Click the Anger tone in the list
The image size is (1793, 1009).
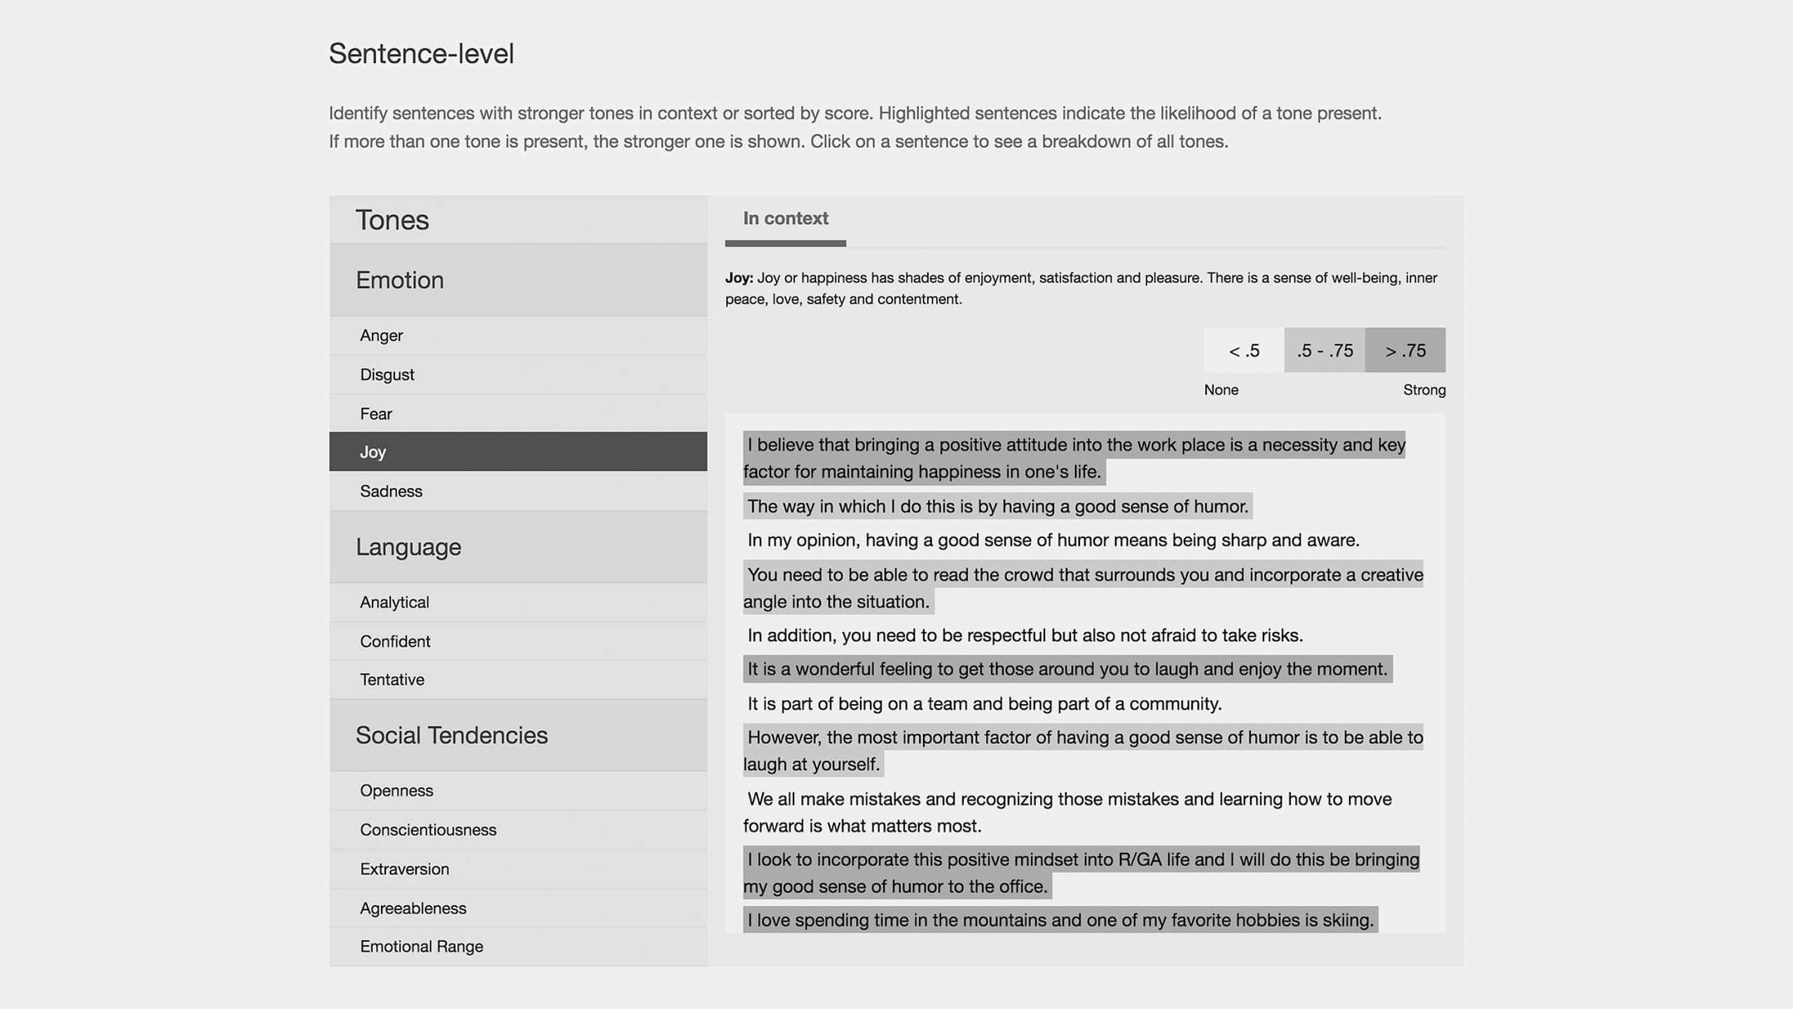(x=382, y=336)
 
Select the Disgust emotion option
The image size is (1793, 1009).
(x=388, y=375)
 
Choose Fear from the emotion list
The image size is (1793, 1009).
(x=376, y=414)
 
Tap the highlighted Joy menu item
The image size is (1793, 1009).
(x=374, y=452)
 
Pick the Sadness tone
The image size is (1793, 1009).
(x=391, y=492)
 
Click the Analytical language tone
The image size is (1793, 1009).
(x=394, y=602)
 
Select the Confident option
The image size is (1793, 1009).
(x=395, y=641)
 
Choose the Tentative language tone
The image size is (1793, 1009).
(x=392, y=679)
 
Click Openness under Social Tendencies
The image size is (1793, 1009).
(x=397, y=791)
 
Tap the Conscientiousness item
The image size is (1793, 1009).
(x=428, y=830)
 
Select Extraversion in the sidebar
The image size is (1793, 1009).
(x=404, y=869)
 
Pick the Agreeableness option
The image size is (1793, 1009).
(x=413, y=908)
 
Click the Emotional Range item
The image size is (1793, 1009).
(x=422, y=946)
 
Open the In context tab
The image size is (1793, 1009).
(x=785, y=219)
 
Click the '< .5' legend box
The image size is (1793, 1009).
(x=1243, y=350)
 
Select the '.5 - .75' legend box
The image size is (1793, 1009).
(x=1325, y=350)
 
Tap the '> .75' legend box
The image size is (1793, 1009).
(x=1405, y=350)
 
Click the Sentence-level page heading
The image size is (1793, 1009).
(x=422, y=54)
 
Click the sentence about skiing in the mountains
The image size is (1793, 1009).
(x=1060, y=920)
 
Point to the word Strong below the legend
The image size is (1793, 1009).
(x=1424, y=390)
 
